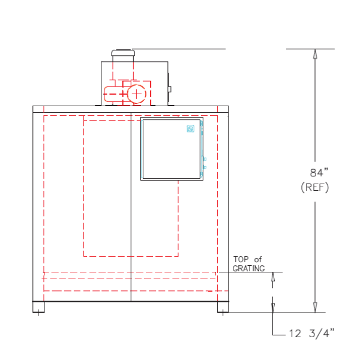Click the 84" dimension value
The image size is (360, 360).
click(319, 173)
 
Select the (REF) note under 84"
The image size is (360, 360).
click(315, 187)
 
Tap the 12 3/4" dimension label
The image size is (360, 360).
click(311, 334)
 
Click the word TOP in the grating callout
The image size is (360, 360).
click(241, 259)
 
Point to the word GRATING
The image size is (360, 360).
click(248, 268)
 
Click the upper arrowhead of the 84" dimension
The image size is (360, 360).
click(315, 54)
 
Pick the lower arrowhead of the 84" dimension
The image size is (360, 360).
click(315, 307)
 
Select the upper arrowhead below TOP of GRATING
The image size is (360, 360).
click(273, 277)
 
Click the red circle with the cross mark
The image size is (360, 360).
click(137, 94)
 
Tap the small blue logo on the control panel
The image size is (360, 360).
click(191, 128)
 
